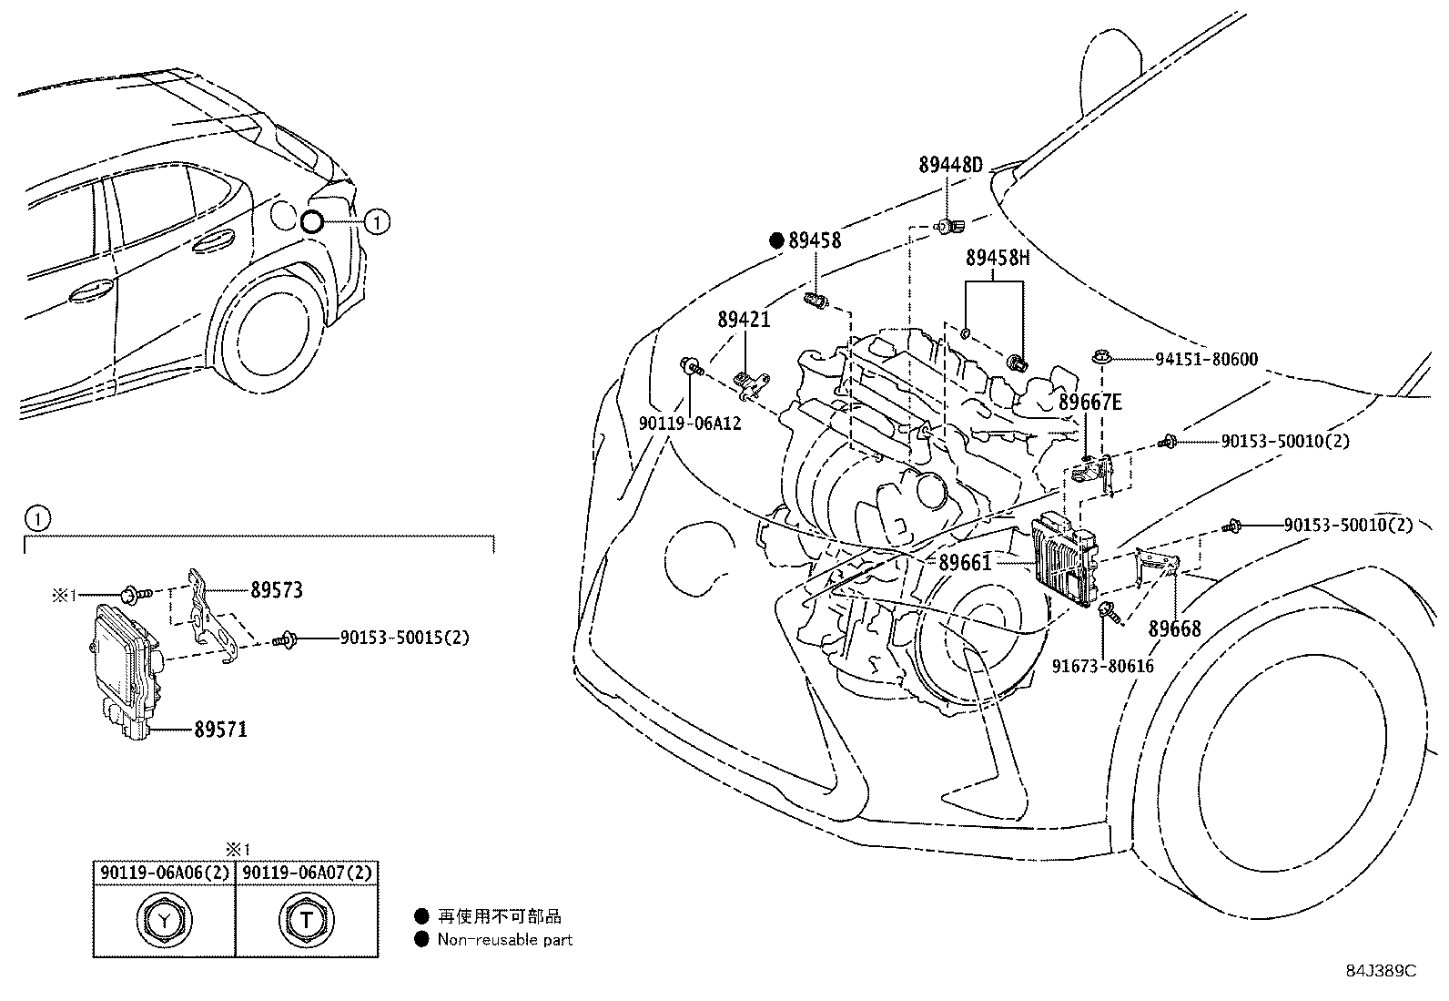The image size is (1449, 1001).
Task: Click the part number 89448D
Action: [950, 165]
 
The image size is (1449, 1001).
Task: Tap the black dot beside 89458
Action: [776, 240]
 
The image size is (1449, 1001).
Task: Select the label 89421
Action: [744, 320]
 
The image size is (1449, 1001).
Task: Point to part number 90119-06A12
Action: [689, 424]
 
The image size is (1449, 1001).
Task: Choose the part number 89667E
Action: [1090, 402]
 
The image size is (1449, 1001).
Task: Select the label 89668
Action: [1173, 628]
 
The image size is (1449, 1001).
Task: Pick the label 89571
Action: [220, 730]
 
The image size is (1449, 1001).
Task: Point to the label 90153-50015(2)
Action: [405, 638]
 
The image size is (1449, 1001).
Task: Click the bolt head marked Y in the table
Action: [164, 920]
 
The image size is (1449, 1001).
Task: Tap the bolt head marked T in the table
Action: [306, 920]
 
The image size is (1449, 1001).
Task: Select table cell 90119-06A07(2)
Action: [307, 873]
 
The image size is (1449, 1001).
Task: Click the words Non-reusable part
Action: [505, 940]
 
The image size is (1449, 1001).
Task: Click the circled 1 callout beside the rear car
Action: [377, 221]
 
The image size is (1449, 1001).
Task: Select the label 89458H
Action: [998, 259]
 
